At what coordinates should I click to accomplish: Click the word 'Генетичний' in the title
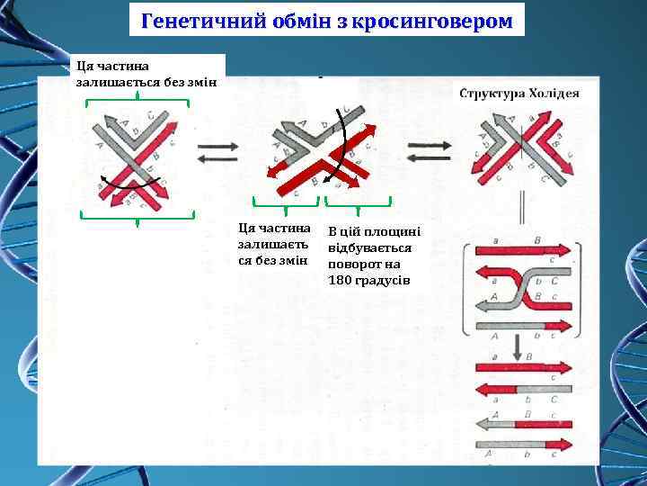(x=188, y=19)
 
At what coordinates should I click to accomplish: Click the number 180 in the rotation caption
(x=340, y=280)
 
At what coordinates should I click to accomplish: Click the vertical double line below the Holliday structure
(x=521, y=212)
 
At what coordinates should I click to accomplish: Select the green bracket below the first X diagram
(x=137, y=215)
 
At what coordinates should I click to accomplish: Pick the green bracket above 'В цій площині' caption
(x=359, y=202)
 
